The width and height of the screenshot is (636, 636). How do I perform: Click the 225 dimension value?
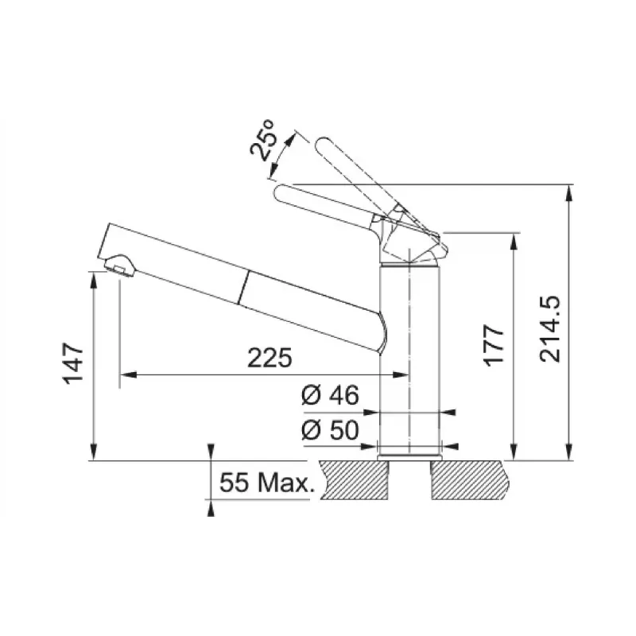pos(270,358)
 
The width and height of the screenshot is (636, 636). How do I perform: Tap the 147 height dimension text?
pos(73,363)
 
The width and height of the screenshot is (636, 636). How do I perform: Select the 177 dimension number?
pos(494,346)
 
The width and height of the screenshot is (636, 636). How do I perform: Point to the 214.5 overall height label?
pos(549,329)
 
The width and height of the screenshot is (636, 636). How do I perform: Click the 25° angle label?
pos(262,141)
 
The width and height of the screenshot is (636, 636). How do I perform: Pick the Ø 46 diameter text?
pos(330,395)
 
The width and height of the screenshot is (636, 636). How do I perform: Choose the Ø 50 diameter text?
pos(330,430)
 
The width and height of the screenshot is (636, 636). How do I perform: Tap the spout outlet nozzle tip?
pos(120,266)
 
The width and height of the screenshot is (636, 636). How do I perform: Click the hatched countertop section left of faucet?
pos(352,480)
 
